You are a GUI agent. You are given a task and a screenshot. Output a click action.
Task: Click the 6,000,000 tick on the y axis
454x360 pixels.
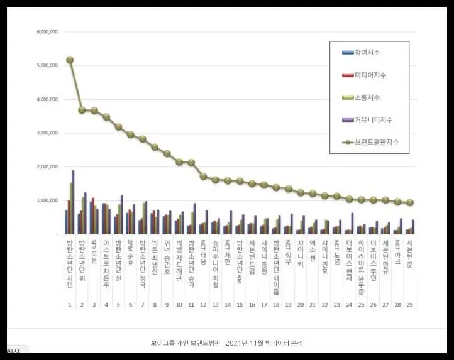tap(48, 31)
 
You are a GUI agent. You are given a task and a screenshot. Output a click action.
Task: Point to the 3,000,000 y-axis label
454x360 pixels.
tap(48, 133)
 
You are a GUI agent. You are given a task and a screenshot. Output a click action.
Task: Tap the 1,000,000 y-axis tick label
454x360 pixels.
tap(48, 200)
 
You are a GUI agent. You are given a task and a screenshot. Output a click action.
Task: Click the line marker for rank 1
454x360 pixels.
tap(69, 60)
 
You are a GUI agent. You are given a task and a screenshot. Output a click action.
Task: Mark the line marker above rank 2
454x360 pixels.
tap(82, 110)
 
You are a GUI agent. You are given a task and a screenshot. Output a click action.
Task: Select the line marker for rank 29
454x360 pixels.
tap(410, 203)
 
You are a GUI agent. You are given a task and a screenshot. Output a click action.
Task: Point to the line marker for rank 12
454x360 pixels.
tap(203, 177)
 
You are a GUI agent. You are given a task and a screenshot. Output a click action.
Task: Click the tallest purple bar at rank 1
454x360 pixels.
tap(73, 201)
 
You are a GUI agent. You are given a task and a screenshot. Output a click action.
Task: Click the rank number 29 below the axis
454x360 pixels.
tap(410, 305)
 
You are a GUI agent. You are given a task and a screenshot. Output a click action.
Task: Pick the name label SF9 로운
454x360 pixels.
tap(94, 250)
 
